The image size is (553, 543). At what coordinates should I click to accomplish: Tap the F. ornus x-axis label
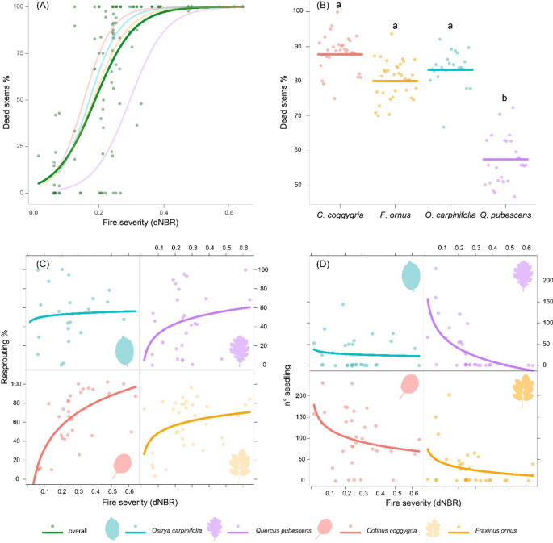click(x=395, y=214)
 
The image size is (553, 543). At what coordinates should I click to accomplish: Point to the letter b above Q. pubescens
click(x=505, y=98)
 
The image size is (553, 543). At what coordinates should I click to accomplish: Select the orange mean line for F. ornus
click(x=395, y=81)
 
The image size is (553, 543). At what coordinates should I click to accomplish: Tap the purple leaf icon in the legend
click(x=216, y=528)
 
